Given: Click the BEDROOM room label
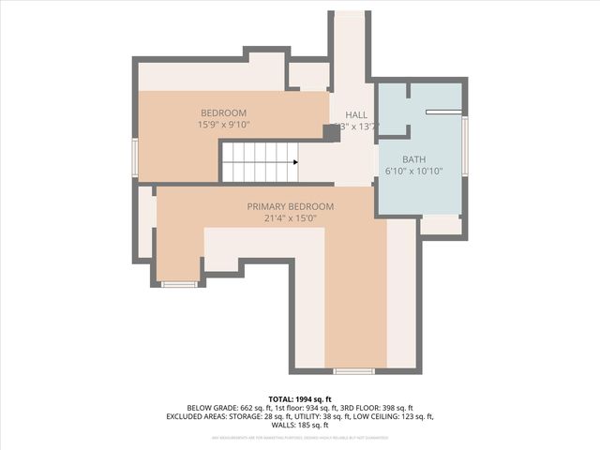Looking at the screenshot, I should (222, 112).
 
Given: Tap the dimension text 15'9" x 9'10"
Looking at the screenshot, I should (223, 125).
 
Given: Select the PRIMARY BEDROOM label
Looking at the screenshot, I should (290, 206).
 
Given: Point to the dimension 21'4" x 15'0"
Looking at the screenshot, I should (290, 218).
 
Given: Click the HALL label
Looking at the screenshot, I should (356, 114).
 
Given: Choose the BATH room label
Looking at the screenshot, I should (413, 159).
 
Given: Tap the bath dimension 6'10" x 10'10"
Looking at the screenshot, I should (413, 172).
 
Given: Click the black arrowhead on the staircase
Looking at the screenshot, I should (295, 162).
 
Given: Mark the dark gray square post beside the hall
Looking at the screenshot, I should (331, 133).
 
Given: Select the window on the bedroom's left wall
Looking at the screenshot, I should (135, 157).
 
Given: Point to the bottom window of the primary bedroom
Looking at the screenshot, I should (353, 371).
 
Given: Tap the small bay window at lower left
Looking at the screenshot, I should (178, 283).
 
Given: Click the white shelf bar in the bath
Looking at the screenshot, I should (442, 112).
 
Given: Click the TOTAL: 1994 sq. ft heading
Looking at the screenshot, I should (300, 398).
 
